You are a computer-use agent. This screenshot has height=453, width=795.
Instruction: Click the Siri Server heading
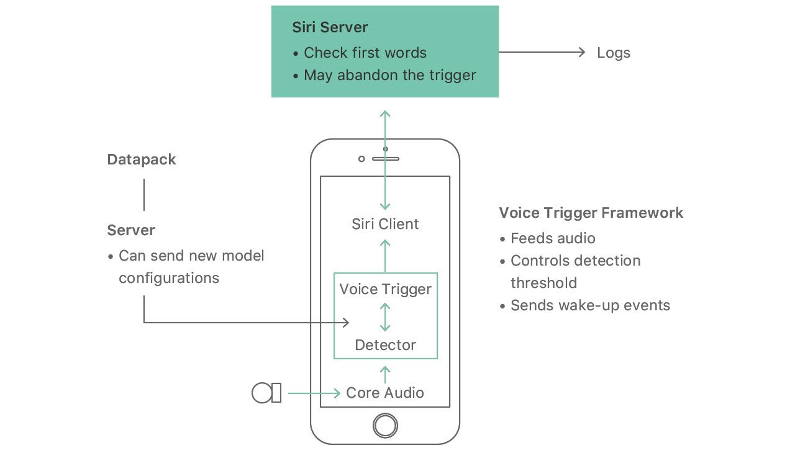point(330,27)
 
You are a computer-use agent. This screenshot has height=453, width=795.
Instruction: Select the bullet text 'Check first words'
point(365,53)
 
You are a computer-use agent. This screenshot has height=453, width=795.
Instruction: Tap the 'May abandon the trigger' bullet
point(389,75)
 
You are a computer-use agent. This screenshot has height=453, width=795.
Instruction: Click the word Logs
point(614,53)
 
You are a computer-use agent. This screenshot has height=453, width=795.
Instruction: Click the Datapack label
point(142,159)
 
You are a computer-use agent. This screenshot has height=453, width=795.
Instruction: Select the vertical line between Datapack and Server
point(144,194)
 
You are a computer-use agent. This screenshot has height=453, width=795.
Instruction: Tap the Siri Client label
point(385,224)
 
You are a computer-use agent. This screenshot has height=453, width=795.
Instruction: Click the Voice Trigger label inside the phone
point(385,289)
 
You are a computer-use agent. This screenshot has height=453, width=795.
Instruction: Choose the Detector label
point(385,345)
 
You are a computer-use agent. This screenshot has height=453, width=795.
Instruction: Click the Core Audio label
point(385,393)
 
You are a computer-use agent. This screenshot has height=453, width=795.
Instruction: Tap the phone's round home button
point(385,426)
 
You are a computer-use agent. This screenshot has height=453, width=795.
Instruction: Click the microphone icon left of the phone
point(266,393)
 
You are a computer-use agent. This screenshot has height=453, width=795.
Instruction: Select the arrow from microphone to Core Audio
point(314,393)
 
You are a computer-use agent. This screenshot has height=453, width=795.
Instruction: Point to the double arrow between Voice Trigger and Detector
point(385,317)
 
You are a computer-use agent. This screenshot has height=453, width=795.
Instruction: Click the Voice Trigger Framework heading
point(591,213)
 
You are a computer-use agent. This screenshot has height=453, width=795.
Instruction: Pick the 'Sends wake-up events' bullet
point(590,305)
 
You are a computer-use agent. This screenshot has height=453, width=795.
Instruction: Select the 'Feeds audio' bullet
point(552,238)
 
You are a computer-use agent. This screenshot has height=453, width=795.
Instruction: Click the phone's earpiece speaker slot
point(386,159)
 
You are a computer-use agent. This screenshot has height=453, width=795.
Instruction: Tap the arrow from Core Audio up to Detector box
point(385,374)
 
